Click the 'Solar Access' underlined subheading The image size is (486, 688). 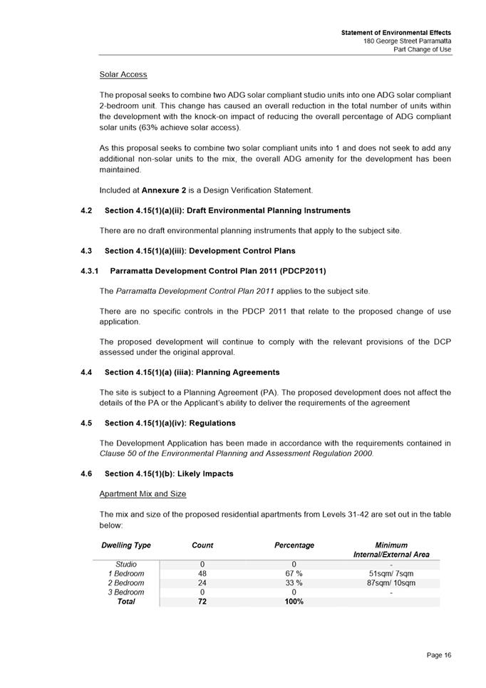coord(123,74)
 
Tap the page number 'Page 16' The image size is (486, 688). coord(439,655)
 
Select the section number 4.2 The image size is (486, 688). coord(87,210)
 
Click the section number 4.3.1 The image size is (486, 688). coord(91,271)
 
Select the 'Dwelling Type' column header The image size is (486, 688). coord(126,545)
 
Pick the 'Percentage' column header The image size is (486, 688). coord(294,545)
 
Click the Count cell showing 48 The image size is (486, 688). coord(202,573)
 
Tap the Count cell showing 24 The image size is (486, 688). coord(202,582)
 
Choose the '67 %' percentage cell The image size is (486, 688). coord(294,573)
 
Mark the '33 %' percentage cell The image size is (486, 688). coord(294,582)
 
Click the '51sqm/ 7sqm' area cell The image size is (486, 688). coord(391,573)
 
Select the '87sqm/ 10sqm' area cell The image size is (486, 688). coord(391,582)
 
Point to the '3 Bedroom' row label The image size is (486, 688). coord(126,592)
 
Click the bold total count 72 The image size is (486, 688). coord(202,602)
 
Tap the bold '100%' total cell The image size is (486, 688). coord(294,602)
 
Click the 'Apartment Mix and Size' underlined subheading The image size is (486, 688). coord(143,493)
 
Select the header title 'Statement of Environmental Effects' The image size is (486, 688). coord(395,33)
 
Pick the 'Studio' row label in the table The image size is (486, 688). coord(126,564)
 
